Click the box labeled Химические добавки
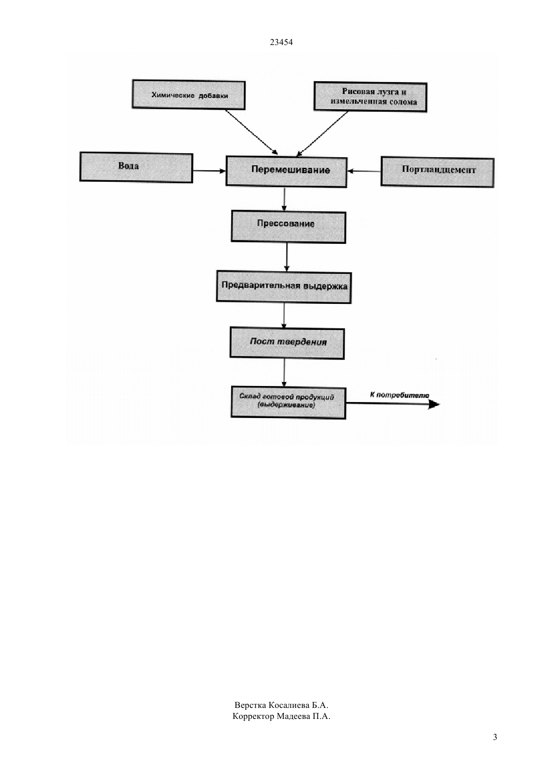coord(188,95)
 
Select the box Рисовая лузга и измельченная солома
coord(370,97)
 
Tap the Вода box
coord(136,167)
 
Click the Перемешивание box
coord(286,172)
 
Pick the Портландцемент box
coord(437,173)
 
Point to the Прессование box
coord(288,227)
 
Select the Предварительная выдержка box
coord(283,287)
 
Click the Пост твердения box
coord(287,343)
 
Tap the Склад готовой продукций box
coord(288,403)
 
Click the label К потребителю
coord(399,395)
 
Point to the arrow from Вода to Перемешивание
coord(209,171)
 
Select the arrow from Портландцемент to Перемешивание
coord(364,171)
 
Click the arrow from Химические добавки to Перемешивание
coord(251,132)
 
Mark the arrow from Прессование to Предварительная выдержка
coord(286,257)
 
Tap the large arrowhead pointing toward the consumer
coord(434,404)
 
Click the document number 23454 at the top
coord(281,42)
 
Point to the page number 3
coord(495,737)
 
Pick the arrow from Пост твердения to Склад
coord(284,373)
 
